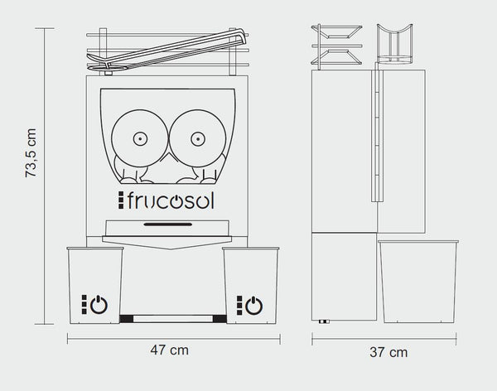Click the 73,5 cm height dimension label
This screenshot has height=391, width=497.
pyautogui.click(x=31, y=153)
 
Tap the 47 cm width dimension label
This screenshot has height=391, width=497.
pyautogui.click(x=170, y=350)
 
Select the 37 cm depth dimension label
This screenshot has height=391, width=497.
pyautogui.click(x=388, y=352)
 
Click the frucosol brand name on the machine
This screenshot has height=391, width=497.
pyautogui.click(x=171, y=200)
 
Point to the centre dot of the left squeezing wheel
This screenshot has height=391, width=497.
pyautogui.click(x=140, y=138)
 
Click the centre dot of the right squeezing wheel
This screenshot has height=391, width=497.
pyautogui.click(x=198, y=139)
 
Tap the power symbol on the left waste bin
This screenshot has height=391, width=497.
pyautogui.click(x=99, y=304)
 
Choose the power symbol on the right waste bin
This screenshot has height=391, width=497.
pyautogui.click(x=254, y=306)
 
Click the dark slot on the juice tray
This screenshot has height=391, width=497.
pyautogui.click(x=167, y=224)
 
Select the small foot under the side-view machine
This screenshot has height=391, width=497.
pyautogui.click(x=324, y=321)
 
